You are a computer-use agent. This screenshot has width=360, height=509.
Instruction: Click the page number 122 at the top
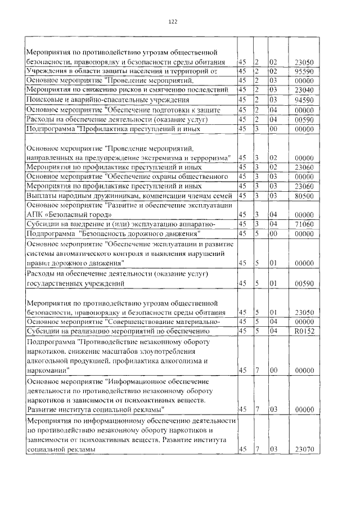click(x=173, y=21)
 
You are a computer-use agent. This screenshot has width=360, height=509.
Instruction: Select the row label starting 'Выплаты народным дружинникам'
click(x=129, y=195)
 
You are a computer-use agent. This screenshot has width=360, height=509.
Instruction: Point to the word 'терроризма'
click(x=209, y=159)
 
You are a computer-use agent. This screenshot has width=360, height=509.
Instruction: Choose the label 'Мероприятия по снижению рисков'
click(x=127, y=90)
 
